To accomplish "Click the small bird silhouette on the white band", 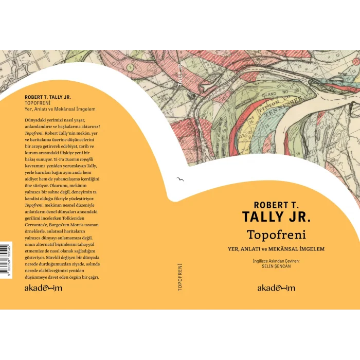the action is click(179, 179).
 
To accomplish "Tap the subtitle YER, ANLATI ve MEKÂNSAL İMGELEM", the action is click(276, 249).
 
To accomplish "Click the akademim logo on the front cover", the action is click(276, 288).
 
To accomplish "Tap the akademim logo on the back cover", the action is click(43, 288).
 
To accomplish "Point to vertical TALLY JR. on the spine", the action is click(179, 74).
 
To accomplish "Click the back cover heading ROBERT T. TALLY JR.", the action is click(48, 97).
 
